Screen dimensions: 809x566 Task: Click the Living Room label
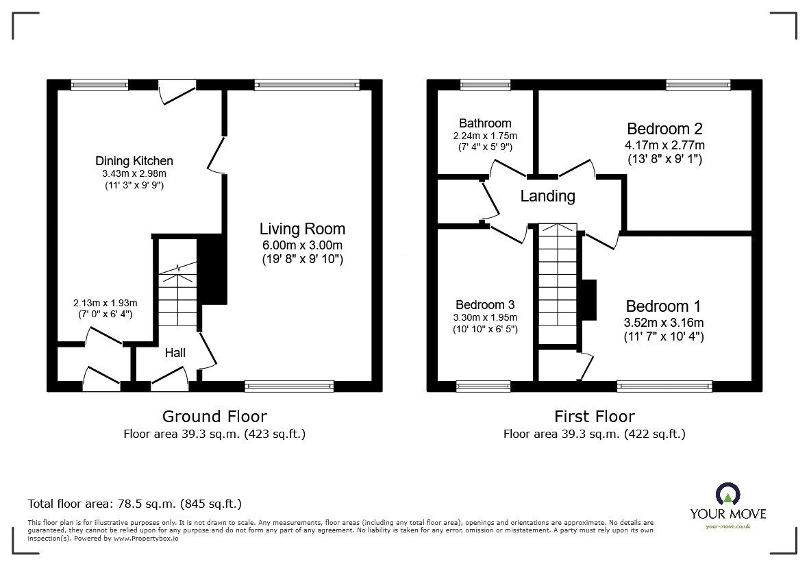(x=302, y=229)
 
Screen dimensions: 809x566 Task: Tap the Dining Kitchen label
(x=134, y=161)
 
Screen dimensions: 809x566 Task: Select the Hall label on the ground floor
(x=175, y=353)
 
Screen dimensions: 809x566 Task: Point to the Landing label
(x=547, y=196)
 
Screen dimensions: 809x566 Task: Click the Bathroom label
(x=485, y=123)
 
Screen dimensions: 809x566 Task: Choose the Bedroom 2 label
(x=664, y=128)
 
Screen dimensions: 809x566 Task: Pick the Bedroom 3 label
(x=485, y=305)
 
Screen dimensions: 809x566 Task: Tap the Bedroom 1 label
(x=664, y=306)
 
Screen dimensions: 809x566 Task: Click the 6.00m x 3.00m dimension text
(x=302, y=245)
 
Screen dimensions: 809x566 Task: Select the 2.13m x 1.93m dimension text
(x=105, y=303)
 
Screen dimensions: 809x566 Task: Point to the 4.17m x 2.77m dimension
(x=664, y=145)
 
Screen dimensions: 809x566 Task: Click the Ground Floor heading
(x=214, y=417)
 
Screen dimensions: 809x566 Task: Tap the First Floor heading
(x=595, y=417)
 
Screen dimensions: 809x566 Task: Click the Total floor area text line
(x=135, y=504)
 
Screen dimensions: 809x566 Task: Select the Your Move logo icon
(x=728, y=494)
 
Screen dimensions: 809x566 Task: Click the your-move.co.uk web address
(x=728, y=526)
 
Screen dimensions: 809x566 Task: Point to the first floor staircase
(x=558, y=283)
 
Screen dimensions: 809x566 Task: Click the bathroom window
(x=485, y=85)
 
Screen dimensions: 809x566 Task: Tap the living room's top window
(x=307, y=85)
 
